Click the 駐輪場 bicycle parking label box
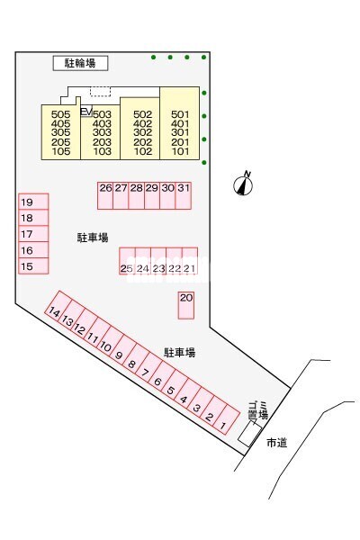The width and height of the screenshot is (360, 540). coord(80,63)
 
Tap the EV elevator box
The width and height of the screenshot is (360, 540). coord(86,112)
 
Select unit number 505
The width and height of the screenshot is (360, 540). coord(60,114)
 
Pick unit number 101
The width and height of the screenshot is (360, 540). coord(180,151)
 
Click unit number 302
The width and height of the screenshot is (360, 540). coord(142,132)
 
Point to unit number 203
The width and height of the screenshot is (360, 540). coord(102,142)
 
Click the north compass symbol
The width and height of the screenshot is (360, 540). coord(243,184)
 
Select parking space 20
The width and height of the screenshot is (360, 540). coord(186,305)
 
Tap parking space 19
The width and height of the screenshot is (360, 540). coord(33,202)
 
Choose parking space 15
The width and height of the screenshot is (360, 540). coord(33,265)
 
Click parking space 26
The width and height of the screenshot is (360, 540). coord(105,195)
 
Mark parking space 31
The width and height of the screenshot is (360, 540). coord(184,195)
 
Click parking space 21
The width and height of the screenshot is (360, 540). coord(190,261)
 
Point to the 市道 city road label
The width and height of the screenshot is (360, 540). coord(277,443)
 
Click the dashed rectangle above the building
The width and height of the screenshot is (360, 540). coord(100,91)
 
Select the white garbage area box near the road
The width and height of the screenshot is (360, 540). coord(250,435)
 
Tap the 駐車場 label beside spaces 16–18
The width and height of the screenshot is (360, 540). coord(93,238)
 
